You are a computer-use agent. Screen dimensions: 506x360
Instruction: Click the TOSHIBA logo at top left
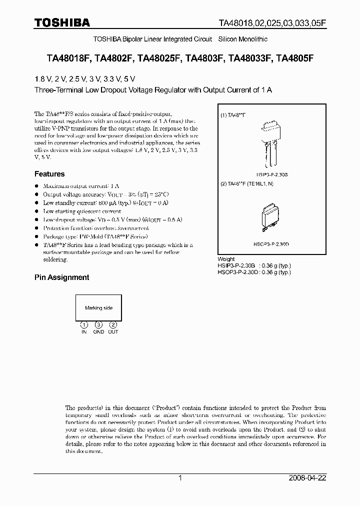tap(62, 22)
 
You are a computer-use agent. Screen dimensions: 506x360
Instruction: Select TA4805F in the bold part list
tap(295, 58)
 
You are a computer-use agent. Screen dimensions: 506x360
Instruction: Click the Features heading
tap(49, 174)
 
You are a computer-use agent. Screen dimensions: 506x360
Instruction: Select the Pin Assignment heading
tap(61, 277)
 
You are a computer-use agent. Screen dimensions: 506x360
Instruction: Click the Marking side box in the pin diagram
tap(98, 308)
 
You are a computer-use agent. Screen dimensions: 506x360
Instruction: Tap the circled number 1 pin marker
tap(84, 325)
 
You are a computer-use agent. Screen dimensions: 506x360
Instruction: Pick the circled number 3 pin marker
tap(98, 325)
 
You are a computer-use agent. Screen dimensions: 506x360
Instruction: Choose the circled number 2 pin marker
tap(113, 325)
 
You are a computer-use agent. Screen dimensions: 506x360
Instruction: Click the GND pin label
tap(98, 332)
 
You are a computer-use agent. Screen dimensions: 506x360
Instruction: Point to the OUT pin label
tap(113, 332)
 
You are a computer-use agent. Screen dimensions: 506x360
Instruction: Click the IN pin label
tap(84, 332)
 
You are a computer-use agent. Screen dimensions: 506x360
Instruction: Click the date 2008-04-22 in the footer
tap(307, 478)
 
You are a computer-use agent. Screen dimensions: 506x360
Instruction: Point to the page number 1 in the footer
tap(180, 478)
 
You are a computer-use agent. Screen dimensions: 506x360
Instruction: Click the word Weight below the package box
tap(226, 259)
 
